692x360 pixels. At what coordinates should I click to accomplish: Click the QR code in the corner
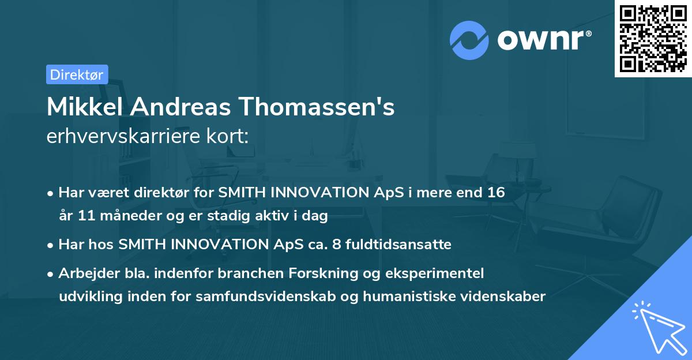[653, 38]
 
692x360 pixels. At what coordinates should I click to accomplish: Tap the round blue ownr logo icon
[469, 40]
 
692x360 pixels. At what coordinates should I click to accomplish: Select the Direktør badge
[77, 74]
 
